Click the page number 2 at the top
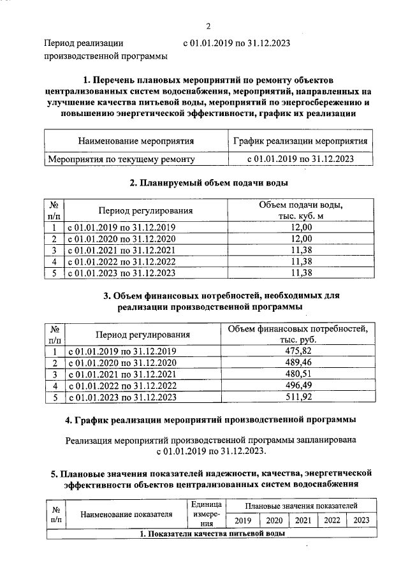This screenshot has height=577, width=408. (208, 26)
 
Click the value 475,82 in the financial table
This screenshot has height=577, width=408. (298, 351)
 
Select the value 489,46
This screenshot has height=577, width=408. (298, 363)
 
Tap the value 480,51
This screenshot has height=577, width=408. (298, 374)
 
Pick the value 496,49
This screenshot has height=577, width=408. (298, 386)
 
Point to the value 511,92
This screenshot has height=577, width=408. (298, 397)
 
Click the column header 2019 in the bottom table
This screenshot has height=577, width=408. (243, 520)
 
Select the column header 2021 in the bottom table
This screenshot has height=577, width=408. (303, 520)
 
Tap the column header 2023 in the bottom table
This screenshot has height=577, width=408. (361, 520)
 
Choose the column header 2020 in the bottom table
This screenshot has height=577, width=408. (273, 520)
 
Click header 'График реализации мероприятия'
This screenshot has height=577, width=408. (300, 141)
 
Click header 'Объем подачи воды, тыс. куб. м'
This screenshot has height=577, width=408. (300, 211)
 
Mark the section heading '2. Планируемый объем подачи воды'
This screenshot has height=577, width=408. (208, 183)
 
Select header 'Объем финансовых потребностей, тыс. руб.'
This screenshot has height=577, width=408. (298, 335)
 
